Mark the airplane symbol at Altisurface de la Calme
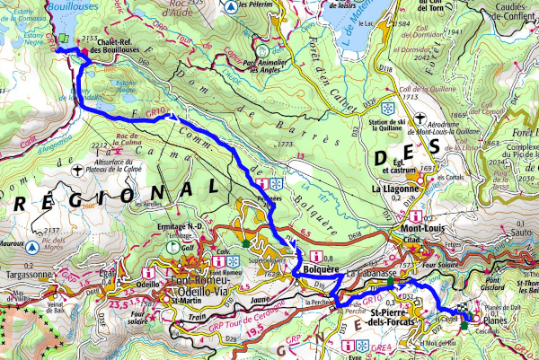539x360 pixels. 80,168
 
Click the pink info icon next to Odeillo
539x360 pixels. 156,267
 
